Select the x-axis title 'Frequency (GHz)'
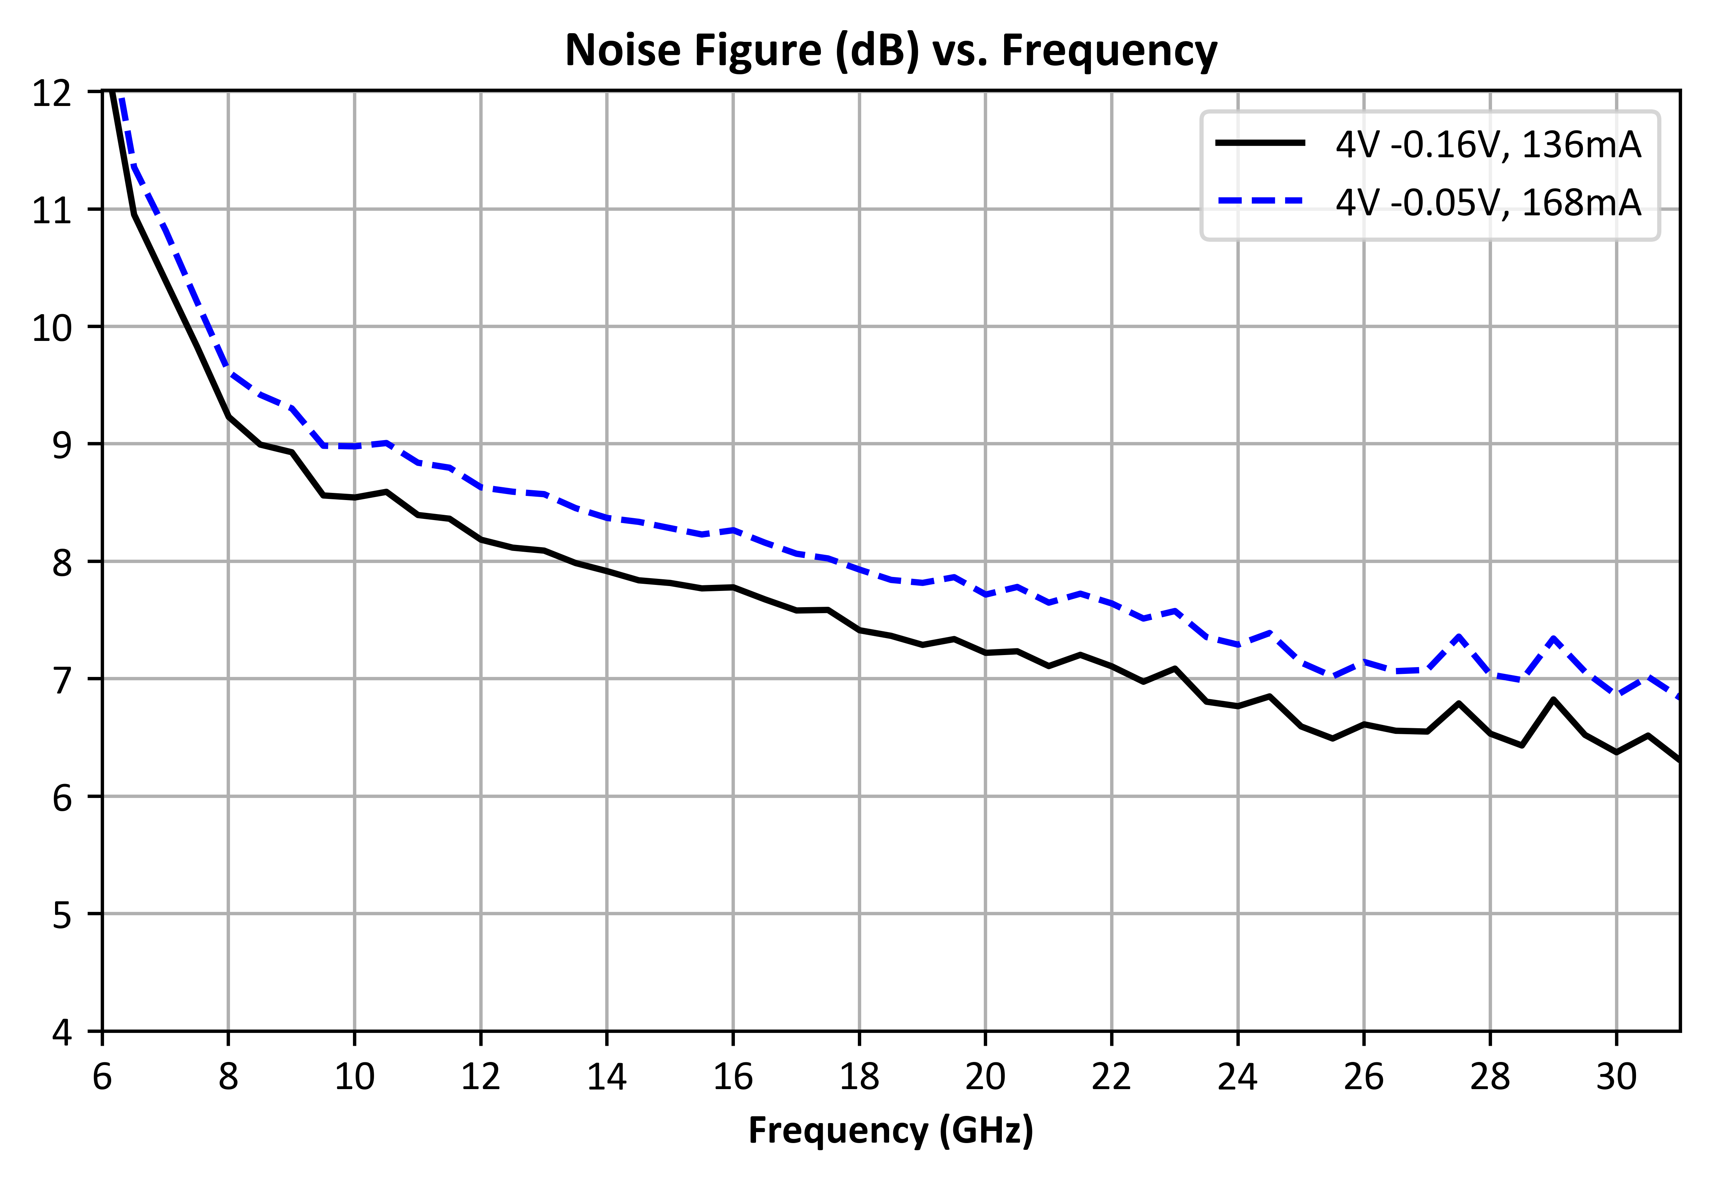coord(891,1131)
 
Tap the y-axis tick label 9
coord(62,444)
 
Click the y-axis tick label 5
coord(62,915)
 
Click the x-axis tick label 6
coord(102,1077)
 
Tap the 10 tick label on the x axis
coord(355,1077)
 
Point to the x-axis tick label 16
coord(733,1077)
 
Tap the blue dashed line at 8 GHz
coord(229,373)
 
